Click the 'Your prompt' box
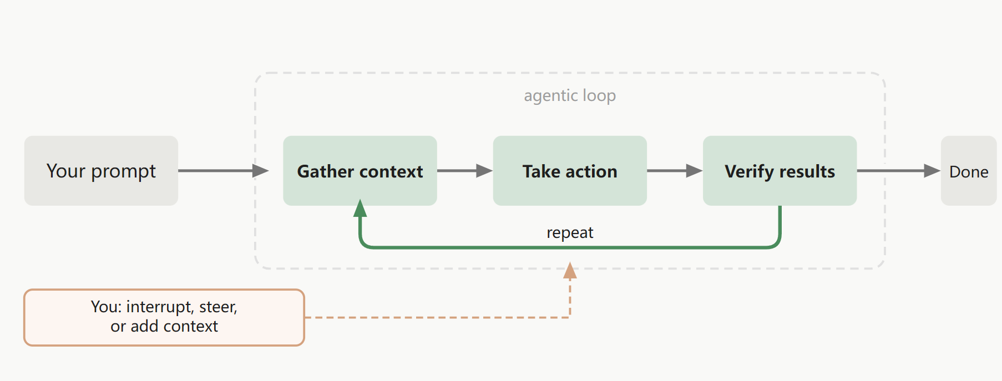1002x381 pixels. point(101,171)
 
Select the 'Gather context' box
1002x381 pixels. point(360,171)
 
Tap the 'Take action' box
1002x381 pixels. point(570,171)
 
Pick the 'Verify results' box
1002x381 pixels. point(780,171)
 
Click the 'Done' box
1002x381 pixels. point(969,171)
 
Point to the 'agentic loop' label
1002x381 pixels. point(570,96)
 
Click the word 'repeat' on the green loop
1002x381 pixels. point(570,233)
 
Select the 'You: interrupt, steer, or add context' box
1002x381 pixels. point(164,317)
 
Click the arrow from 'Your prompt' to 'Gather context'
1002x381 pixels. point(224,171)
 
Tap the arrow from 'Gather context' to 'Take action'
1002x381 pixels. point(465,171)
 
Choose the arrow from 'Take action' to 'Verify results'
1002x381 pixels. point(675,171)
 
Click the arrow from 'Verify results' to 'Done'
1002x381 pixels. point(899,171)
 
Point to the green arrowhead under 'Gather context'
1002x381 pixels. point(360,209)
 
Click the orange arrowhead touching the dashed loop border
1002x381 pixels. point(570,271)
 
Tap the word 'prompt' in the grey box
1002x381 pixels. point(123,172)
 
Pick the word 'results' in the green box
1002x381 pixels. point(807,171)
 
